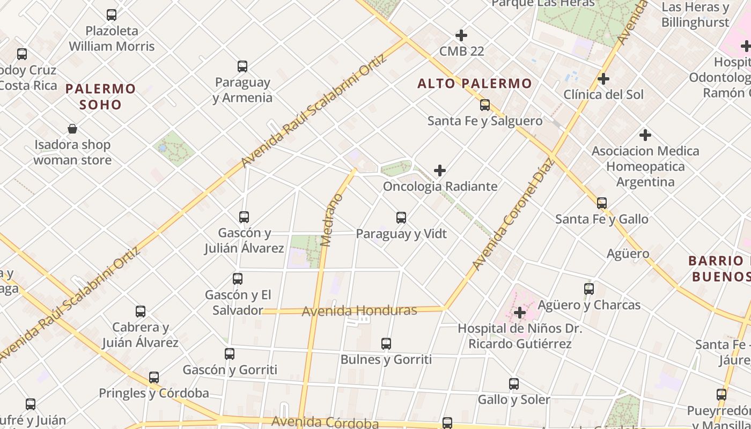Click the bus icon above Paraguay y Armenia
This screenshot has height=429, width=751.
pyautogui.click(x=242, y=66)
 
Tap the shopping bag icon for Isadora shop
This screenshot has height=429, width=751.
pyautogui.click(x=72, y=129)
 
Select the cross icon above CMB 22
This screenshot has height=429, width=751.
pyautogui.click(x=461, y=35)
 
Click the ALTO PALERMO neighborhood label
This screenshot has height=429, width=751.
pyautogui.click(x=475, y=84)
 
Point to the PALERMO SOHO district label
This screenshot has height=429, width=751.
pyautogui.click(x=101, y=96)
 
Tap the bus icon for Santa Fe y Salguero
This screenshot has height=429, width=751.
pyautogui.click(x=485, y=105)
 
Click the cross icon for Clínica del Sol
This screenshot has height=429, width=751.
pyautogui.click(x=603, y=79)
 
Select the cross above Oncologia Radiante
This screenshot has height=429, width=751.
pyautogui.click(x=440, y=171)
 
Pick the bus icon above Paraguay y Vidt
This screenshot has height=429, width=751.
pyautogui.click(x=401, y=218)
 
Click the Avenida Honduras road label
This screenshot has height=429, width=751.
pyautogui.click(x=359, y=311)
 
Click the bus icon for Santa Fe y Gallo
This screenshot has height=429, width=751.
pyautogui.click(x=602, y=203)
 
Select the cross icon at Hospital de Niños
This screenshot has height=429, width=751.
pyautogui.click(x=519, y=312)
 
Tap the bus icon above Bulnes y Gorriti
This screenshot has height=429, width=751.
pyautogui.click(x=386, y=344)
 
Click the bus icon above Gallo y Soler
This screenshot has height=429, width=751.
pyautogui.click(x=514, y=384)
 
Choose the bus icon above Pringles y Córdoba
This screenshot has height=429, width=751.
pyautogui.click(x=154, y=378)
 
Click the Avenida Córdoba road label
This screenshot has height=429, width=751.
pyautogui.click(x=325, y=422)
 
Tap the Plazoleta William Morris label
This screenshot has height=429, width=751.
pyautogui.click(x=112, y=39)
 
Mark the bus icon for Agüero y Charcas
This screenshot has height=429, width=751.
pyautogui.click(x=589, y=289)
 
